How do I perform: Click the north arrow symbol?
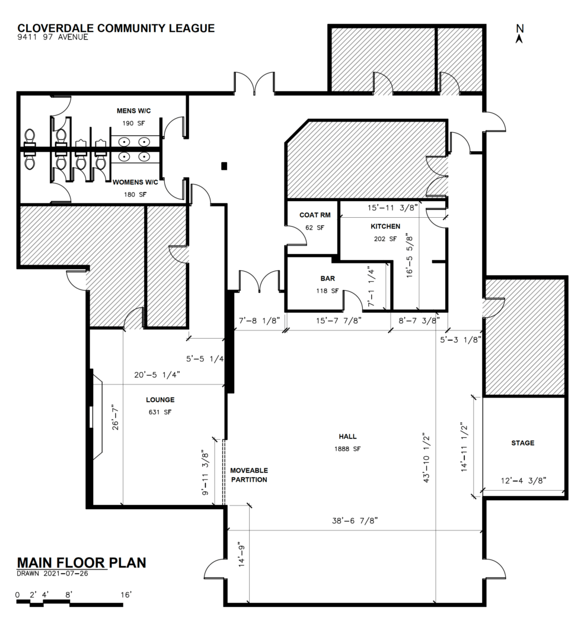pos(519,35)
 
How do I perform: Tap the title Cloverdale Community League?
pos(116,28)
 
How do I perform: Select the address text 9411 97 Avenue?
pos(53,37)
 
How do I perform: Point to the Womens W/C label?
pos(135,182)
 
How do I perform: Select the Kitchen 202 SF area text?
pos(385,239)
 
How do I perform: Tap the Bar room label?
pos(327,278)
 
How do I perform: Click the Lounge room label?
pos(160,399)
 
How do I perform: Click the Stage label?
pos(522,443)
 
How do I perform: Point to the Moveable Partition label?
pos(248,475)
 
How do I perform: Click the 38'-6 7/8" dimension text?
pos(355,520)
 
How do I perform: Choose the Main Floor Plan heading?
pos(81,562)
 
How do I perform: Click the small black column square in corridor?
pos(224,166)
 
